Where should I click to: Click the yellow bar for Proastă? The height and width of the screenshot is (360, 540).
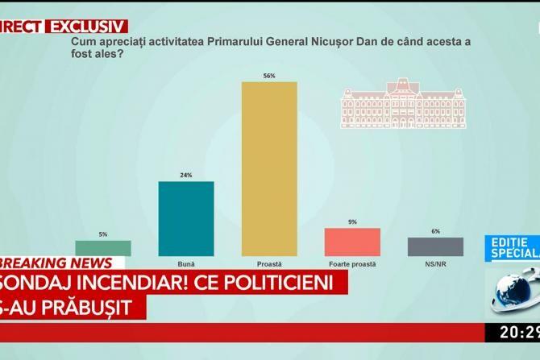[x=269, y=168]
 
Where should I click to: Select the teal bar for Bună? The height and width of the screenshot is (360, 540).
[x=186, y=218]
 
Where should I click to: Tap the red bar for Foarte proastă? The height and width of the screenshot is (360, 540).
[x=352, y=242]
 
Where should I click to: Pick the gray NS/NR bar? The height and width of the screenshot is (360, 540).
[x=435, y=246]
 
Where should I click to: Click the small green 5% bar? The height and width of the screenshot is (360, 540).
[x=103, y=248]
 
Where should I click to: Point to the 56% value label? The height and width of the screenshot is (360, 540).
[x=269, y=76]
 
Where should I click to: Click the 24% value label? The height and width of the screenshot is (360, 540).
[x=186, y=176]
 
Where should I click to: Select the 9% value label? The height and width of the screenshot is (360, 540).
[x=352, y=222]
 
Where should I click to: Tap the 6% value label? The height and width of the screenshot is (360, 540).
[x=435, y=231]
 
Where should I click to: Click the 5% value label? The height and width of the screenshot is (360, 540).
[x=103, y=234]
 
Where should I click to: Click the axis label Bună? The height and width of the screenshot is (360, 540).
[x=186, y=263]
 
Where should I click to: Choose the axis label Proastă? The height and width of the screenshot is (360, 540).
[x=269, y=263]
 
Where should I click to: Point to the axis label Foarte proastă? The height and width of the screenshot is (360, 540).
[x=352, y=263]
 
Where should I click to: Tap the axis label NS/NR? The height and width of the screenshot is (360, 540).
[x=435, y=263]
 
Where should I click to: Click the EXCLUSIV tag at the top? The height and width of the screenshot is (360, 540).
[x=89, y=26]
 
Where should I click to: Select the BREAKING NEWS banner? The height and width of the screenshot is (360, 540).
[x=56, y=263]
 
